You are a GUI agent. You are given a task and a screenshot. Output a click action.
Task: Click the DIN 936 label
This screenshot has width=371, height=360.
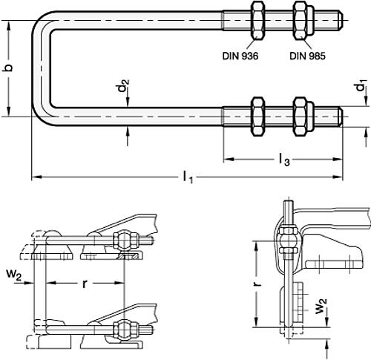tap(242, 54)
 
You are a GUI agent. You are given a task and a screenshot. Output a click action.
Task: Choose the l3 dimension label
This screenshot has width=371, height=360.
tap(284, 157)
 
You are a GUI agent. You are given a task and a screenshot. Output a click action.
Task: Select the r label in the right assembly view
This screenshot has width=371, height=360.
tap(254, 283)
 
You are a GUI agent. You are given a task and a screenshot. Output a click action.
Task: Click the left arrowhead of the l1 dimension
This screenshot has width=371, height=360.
tap(34, 177)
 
